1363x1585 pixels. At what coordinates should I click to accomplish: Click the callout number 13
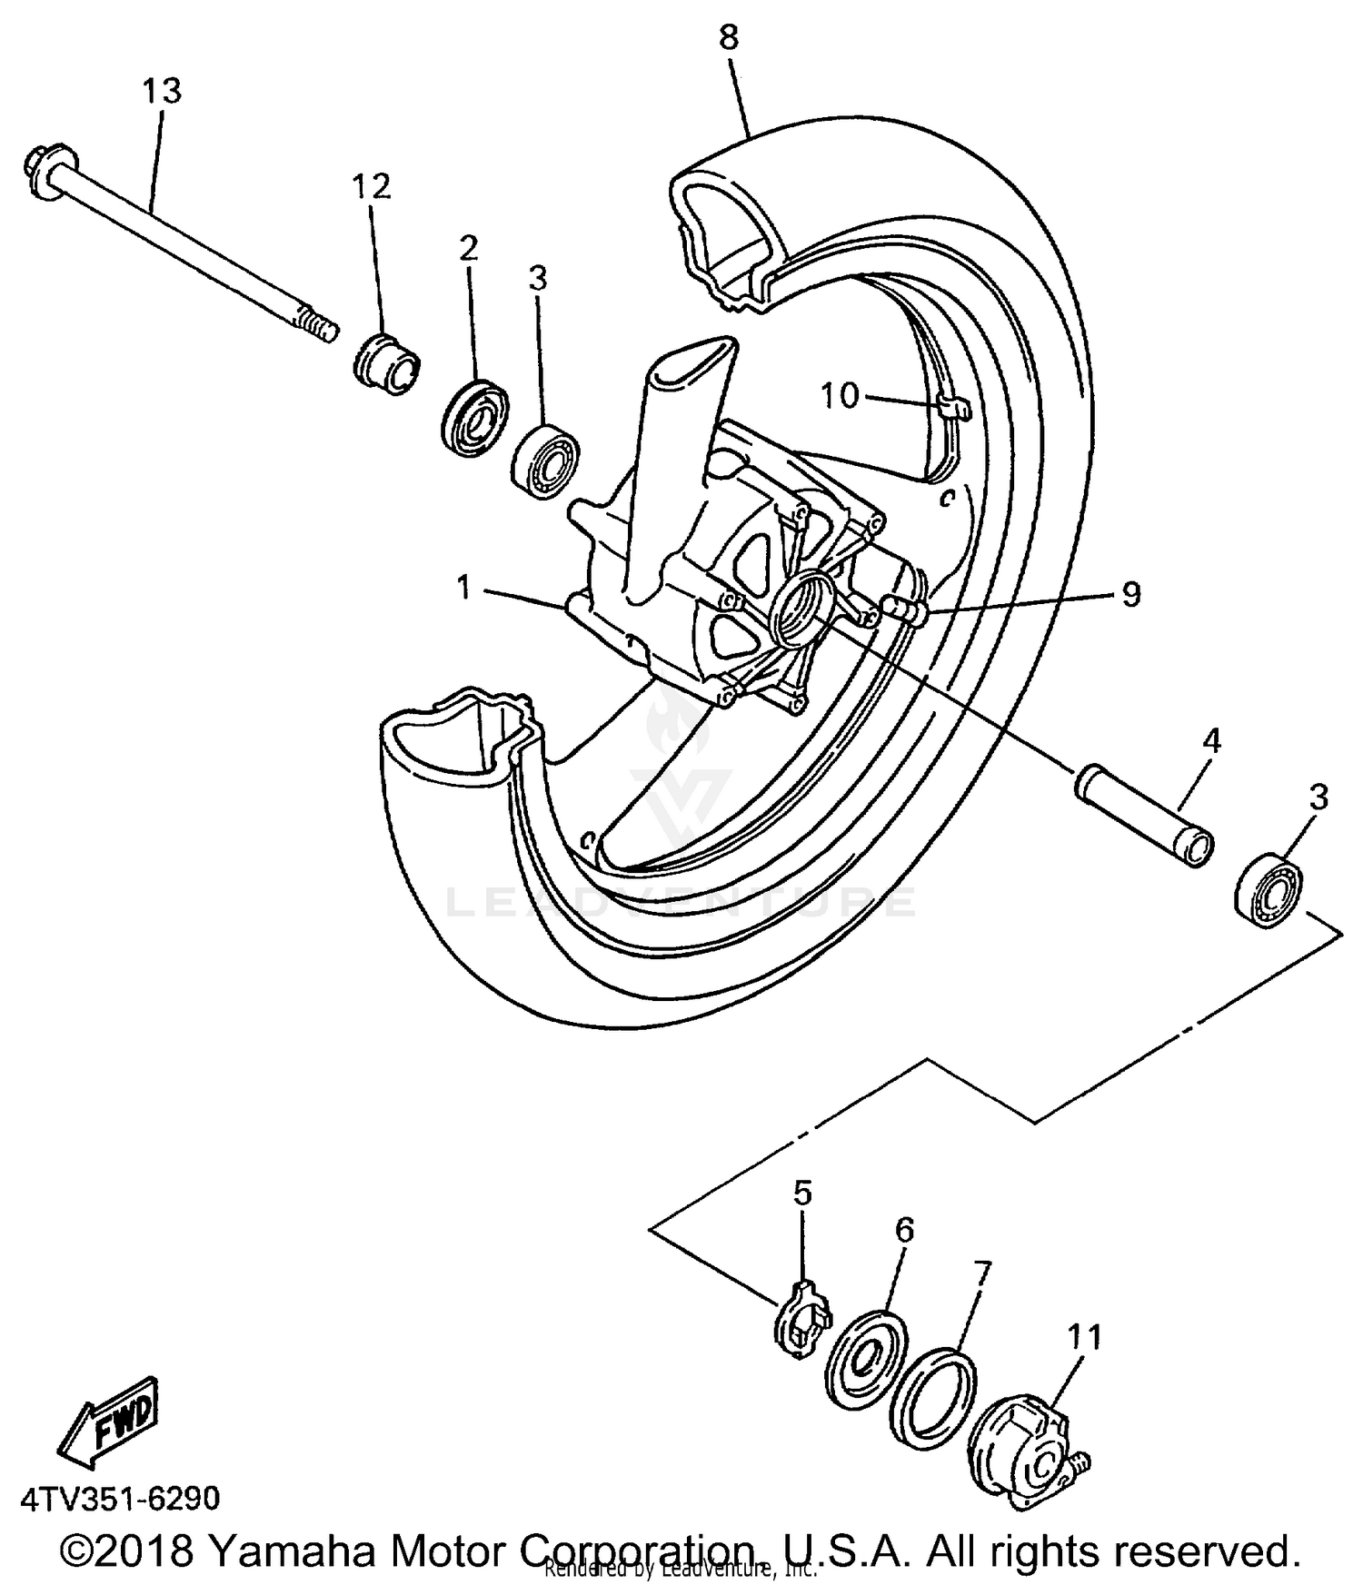pos(162,91)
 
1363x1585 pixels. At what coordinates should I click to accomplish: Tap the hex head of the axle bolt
pos(40,170)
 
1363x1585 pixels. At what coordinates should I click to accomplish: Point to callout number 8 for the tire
pos(729,37)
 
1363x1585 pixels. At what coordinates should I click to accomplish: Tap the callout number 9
pos(1129,594)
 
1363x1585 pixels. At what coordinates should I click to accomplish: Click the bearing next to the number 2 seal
pos(545,461)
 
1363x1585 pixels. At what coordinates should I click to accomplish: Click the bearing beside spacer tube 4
pos(1269,887)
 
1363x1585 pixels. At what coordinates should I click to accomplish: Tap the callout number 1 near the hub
pos(464,588)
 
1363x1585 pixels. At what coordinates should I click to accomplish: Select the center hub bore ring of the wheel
pos(799,609)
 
